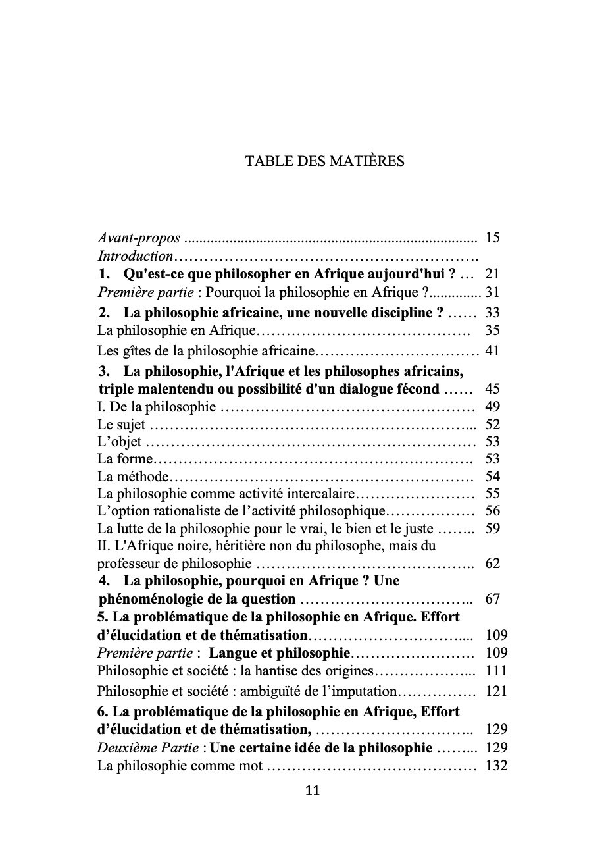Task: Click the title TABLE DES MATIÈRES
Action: coord(325,161)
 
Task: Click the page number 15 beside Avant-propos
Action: coord(492,238)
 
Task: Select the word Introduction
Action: coord(135,256)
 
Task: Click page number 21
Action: coord(492,274)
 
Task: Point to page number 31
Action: coord(492,292)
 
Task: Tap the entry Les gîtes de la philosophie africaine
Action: coord(207,350)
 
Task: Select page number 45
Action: coord(492,388)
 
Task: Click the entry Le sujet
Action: coord(121,425)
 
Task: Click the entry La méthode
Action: coord(133,477)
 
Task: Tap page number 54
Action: coord(492,477)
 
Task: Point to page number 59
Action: coord(492,528)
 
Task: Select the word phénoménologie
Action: coord(150,599)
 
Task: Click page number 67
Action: coord(492,599)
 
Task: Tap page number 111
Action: coord(496,671)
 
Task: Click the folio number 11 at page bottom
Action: coord(313,791)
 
